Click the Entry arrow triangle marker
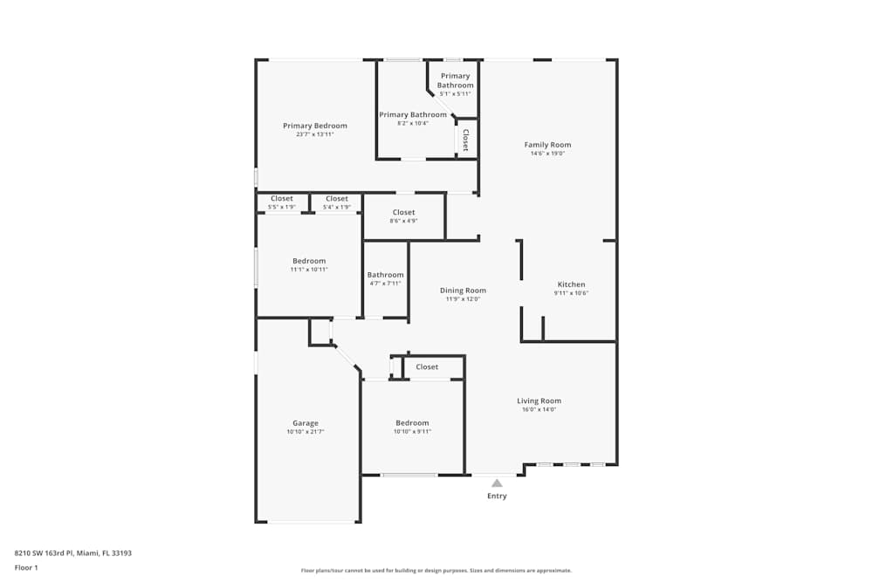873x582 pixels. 497,483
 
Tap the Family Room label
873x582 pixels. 547,145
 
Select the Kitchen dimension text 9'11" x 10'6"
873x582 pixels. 571,293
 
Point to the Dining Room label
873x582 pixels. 463,291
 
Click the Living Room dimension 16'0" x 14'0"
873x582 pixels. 539,409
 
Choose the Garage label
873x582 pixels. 306,423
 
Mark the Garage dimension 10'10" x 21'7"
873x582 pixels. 306,432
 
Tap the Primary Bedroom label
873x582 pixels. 315,126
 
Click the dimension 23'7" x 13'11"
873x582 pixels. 315,134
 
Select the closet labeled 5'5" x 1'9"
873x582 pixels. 281,207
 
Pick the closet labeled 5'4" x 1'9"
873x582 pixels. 337,207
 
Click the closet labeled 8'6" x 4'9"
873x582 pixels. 403,221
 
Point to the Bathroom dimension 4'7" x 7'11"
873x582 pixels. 385,284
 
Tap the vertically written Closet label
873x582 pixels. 465,140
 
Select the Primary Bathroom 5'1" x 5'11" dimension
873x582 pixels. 455,94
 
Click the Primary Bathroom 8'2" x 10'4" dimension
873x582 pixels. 413,123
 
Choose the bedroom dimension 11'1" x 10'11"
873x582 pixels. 309,270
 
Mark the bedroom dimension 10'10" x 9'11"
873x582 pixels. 412,431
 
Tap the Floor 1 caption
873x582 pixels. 26,567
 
